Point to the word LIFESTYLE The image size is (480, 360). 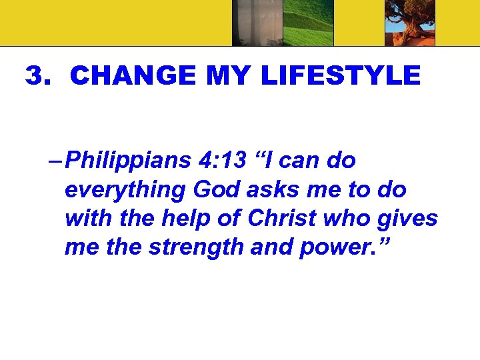click(341, 76)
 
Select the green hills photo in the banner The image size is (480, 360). click(307, 23)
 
